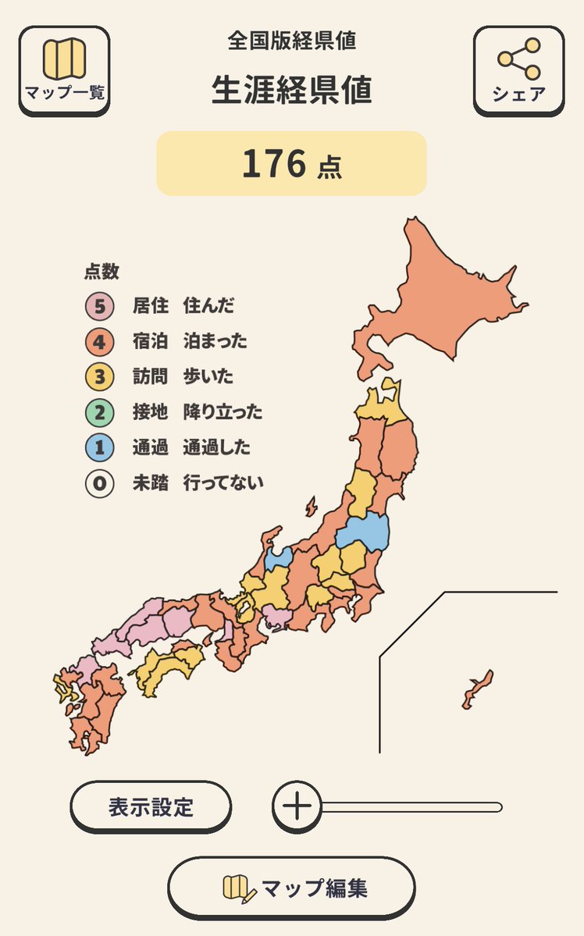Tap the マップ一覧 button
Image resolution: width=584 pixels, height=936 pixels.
[x=64, y=71]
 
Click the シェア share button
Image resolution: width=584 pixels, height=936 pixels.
[x=518, y=71]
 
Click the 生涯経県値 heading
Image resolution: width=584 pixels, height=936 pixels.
[x=291, y=91]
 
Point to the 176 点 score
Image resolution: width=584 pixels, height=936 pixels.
[x=291, y=164]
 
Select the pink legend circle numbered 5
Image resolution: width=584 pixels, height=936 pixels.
[x=99, y=306]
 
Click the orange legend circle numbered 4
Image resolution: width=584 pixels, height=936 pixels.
[x=99, y=341]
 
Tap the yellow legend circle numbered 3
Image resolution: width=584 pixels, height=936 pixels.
[x=99, y=377]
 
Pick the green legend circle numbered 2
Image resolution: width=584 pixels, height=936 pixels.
[x=99, y=412]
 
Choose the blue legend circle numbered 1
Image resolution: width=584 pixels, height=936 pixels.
[x=99, y=448]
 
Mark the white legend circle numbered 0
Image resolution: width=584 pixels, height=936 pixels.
[x=99, y=483]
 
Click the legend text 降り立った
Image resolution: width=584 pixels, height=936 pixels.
[x=223, y=412]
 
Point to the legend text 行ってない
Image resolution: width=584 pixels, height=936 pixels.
[x=223, y=483]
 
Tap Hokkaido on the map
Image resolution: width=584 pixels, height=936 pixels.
[x=445, y=297]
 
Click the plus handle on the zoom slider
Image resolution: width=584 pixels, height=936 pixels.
[x=297, y=806]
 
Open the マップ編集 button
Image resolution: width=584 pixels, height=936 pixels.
[x=291, y=888]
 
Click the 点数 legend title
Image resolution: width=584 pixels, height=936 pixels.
[x=101, y=272]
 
